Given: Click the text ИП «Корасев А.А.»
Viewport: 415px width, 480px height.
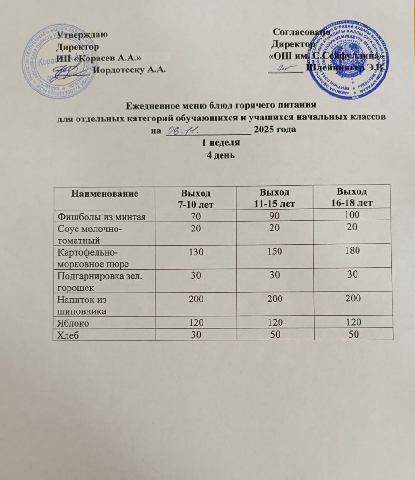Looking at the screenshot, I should pyautogui.click(x=98, y=58).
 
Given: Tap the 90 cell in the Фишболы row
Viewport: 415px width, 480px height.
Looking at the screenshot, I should pyautogui.click(x=274, y=216).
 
